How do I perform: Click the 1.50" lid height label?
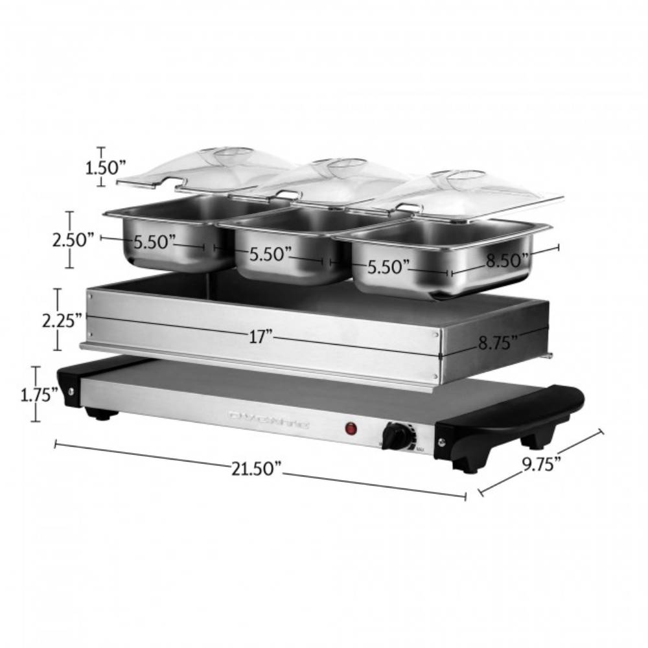point(104,168)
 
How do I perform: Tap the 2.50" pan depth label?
point(74,240)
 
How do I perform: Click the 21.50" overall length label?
point(258,468)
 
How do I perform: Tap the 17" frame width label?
point(260,336)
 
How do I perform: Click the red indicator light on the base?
point(351,428)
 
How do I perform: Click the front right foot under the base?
point(468,464)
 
